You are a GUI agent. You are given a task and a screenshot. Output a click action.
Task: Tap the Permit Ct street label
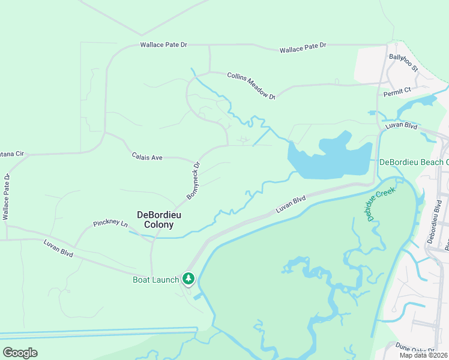click(397, 90)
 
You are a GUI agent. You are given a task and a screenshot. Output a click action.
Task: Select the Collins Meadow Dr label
click(251, 85)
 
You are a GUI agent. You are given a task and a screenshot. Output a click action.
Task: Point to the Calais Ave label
click(147, 157)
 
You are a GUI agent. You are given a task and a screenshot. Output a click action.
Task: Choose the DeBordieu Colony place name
click(155, 220)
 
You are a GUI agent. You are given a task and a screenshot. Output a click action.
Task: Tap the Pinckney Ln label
click(110, 224)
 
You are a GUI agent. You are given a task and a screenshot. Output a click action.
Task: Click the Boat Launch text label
click(155, 280)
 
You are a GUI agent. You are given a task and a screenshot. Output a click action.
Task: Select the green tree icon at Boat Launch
click(188, 278)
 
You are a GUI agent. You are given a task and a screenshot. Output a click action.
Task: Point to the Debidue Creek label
click(379, 205)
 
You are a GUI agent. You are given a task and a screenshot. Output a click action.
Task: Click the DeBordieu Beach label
click(414, 162)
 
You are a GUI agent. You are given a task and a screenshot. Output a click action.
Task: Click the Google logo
click(20, 353)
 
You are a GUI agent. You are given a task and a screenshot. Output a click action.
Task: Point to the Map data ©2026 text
click(423, 355)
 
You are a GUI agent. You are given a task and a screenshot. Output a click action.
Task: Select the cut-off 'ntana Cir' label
click(11, 154)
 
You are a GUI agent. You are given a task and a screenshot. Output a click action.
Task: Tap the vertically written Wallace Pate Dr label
click(6, 197)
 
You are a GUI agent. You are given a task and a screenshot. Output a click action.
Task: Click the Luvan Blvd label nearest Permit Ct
click(402, 125)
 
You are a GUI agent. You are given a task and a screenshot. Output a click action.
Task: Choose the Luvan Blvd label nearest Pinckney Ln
click(58, 248)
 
